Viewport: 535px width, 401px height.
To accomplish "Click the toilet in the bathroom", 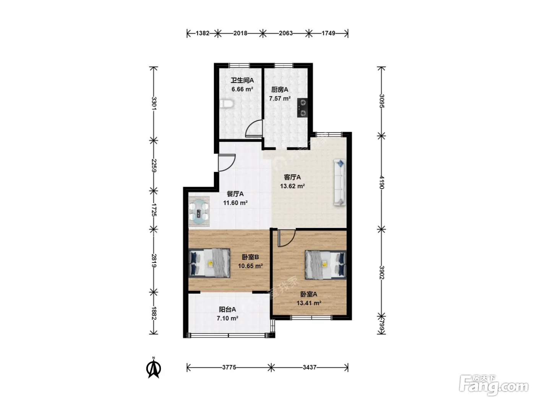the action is (x=227, y=104).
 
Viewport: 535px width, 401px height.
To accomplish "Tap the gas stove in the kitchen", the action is (x=302, y=108).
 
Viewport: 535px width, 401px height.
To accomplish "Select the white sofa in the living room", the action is (x=340, y=183).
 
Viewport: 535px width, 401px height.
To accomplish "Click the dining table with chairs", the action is (x=199, y=211).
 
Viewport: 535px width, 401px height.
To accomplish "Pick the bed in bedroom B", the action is (x=210, y=263).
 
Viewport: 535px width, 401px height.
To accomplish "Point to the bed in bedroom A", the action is (x=326, y=265).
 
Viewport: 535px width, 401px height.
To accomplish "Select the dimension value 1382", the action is (x=203, y=33).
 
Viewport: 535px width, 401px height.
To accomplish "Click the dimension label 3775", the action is (x=229, y=367).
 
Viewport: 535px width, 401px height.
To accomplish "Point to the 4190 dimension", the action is (x=381, y=183).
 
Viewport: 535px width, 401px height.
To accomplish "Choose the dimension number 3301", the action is (x=154, y=103).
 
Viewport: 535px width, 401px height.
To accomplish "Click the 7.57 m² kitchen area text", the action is (x=280, y=99).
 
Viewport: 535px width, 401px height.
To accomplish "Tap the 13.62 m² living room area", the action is (x=292, y=186).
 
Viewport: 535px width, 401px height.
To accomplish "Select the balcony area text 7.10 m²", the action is (x=227, y=318).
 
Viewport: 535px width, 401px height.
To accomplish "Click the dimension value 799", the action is (x=381, y=327).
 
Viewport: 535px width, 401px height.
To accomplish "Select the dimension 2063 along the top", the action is (x=286, y=33).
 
